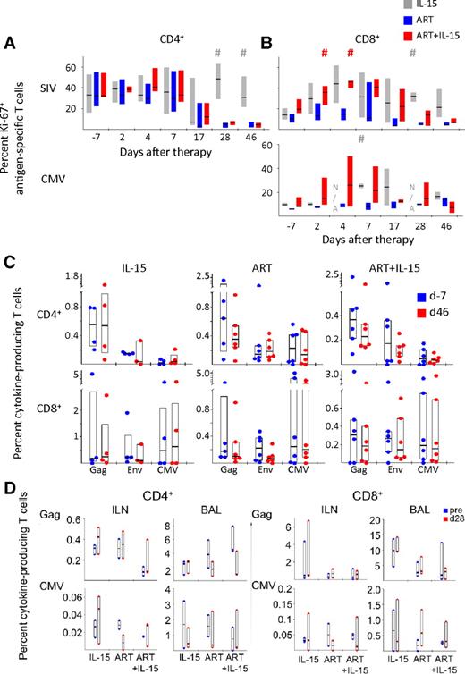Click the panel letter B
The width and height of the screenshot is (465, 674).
[265, 41]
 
